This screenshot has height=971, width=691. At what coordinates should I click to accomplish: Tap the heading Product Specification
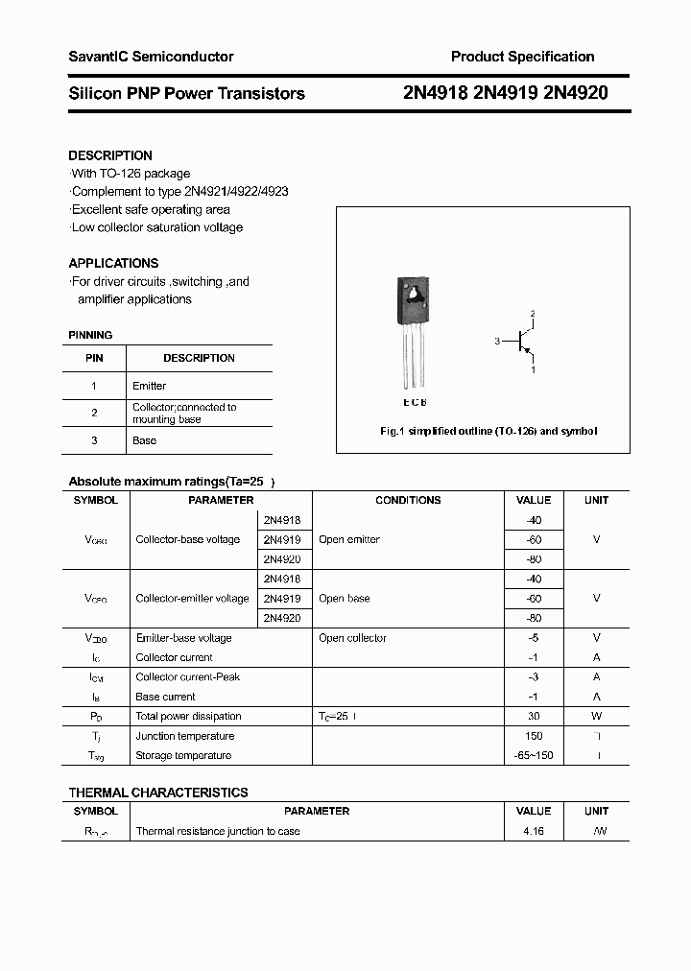coord(522,57)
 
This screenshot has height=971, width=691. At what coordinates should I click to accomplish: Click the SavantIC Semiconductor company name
coord(151,57)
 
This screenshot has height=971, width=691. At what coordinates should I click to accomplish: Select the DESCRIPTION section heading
coord(110,155)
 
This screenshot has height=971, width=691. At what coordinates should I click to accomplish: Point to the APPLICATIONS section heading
coord(113,263)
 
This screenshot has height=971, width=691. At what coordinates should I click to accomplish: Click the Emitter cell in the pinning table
coord(150,386)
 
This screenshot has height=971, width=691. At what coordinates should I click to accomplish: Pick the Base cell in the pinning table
coord(145,440)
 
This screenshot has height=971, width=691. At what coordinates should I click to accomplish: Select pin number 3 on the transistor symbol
coord(497,341)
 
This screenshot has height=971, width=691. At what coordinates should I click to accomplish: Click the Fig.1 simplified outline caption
coord(488,432)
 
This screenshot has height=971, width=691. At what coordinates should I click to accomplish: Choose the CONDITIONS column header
coord(408,500)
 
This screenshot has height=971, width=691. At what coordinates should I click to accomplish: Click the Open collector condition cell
coord(352,638)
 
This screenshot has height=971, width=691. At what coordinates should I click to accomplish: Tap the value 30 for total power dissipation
coord(534,716)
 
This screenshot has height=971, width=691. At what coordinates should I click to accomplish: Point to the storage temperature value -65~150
coord(534,755)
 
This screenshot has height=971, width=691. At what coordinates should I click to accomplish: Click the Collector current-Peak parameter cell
coord(188,676)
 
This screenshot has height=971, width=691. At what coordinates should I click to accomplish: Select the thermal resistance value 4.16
coord(534,831)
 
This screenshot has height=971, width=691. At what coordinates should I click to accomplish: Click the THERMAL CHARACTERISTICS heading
coord(158,793)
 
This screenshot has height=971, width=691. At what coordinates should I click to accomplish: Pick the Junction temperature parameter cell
coord(185,736)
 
